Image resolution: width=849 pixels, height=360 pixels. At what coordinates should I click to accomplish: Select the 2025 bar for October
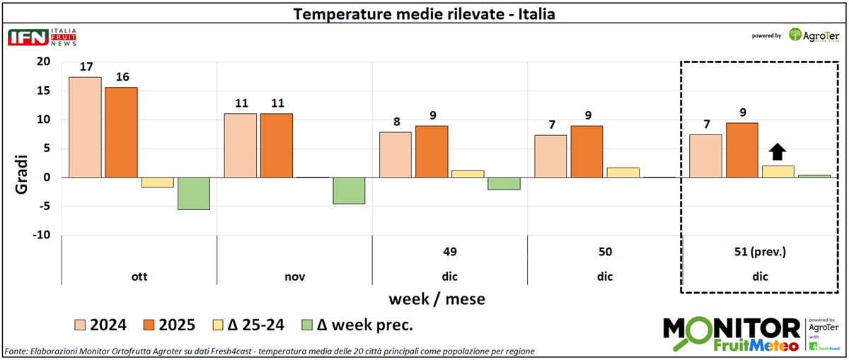pyautogui.click(x=121, y=132)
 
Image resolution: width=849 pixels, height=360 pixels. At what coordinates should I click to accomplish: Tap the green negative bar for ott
pyautogui.click(x=194, y=194)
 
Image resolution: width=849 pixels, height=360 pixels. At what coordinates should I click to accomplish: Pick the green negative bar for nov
pyautogui.click(x=349, y=191)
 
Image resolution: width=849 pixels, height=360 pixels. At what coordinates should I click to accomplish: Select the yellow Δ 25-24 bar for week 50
pyautogui.click(x=623, y=173)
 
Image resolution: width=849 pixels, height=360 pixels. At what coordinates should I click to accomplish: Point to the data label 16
pyautogui.click(x=122, y=76)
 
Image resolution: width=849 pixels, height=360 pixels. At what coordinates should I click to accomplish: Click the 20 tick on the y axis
pyautogui.click(x=43, y=62)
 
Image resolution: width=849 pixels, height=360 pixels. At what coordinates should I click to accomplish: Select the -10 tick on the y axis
pyautogui.click(x=41, y=236)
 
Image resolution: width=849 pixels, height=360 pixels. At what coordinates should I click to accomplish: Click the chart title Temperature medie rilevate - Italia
pyautogui.click(x=424, y=14)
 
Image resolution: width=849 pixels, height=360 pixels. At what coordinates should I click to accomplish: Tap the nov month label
pyautogui.click(x=294, y=277)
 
